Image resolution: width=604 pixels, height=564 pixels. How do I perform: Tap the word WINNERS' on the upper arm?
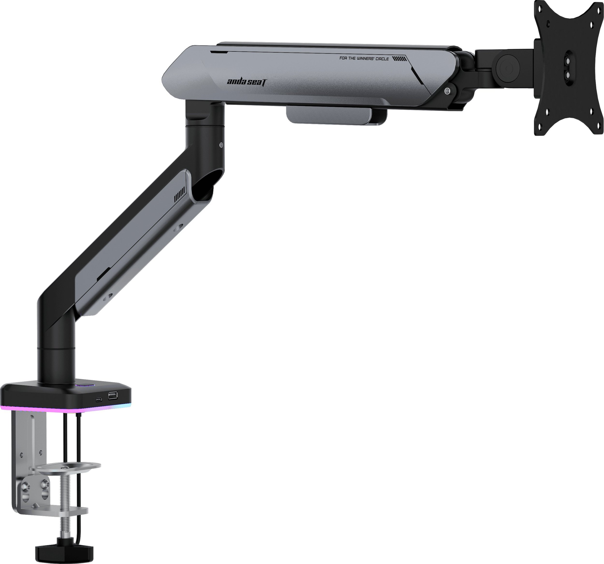pos(365,58)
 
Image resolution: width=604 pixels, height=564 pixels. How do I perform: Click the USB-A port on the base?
pos(112,395)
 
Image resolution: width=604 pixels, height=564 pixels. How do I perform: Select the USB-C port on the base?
pos(99,399)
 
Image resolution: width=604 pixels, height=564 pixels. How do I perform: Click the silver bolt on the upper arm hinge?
pos(447,91)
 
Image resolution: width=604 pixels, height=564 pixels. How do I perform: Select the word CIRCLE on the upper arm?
pos(382,59)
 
